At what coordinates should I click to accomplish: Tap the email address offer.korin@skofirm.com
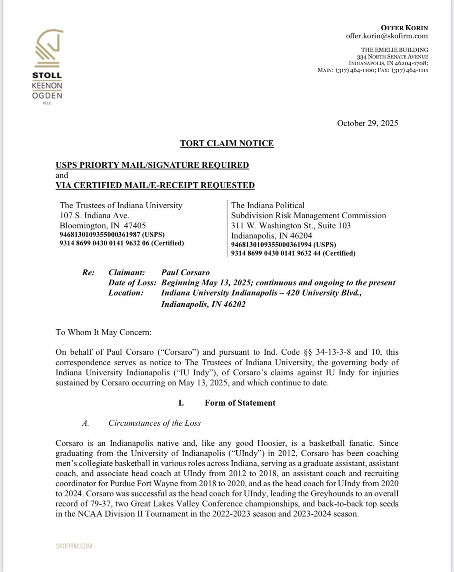[x=387, y=36]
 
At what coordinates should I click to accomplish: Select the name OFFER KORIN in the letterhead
[x=404, y=28]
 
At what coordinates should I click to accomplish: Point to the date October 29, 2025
[x=367, y=123]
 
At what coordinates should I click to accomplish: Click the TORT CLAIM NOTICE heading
[x=227, y=143]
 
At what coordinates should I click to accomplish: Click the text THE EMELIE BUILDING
[x=395, y=50]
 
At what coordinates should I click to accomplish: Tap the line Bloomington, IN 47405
[x=103, y=226]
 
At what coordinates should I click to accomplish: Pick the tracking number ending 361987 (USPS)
[x=112, y=235]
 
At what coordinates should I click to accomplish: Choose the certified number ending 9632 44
[x=293, y=253]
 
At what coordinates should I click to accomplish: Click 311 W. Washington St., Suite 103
[x=291, y=226]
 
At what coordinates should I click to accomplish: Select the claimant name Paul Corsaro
[x=185, y=273]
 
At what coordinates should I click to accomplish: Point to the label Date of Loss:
[x=132, y=283]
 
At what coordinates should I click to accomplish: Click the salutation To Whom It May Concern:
[x=104, y=332]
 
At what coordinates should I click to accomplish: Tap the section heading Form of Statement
[x=240, y=403]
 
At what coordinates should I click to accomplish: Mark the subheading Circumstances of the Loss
[x=154, y=423]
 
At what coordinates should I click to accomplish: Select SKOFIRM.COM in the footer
[x=74, y=546]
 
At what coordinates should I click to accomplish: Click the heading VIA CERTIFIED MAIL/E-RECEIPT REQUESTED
[x=155, y=185]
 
